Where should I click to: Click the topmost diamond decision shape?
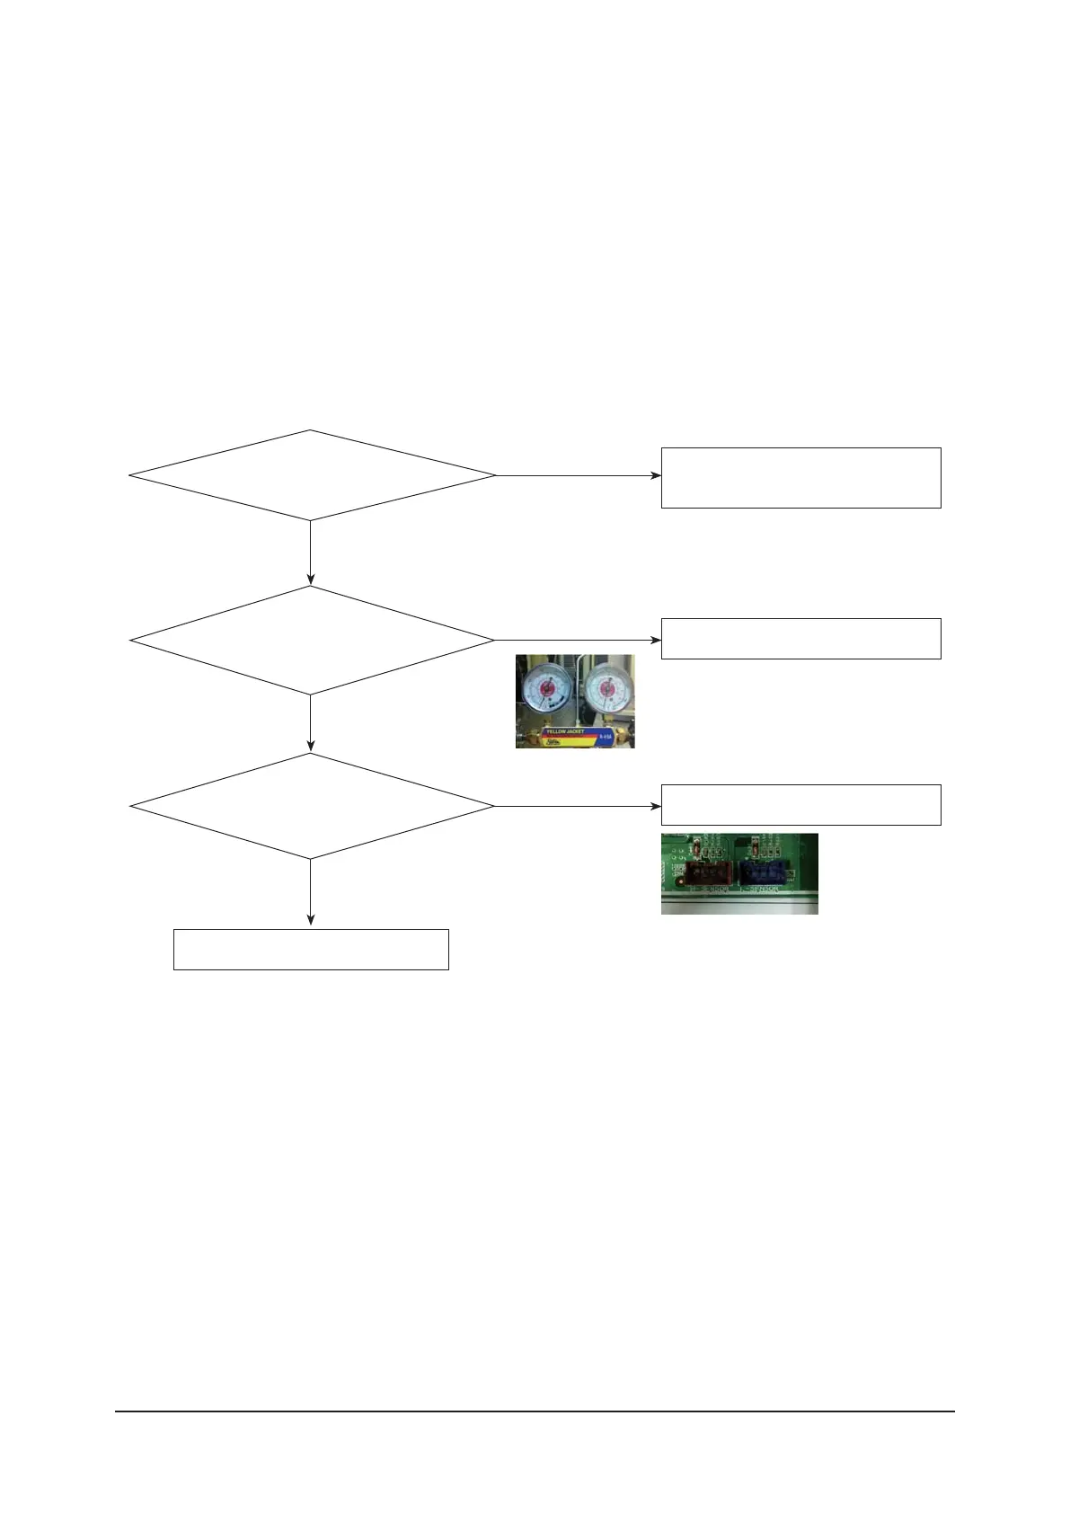click(311, 475)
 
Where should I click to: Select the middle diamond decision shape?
click(311, 640)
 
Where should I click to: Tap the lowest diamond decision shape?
click(311, 806)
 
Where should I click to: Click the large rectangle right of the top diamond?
click(800, 477)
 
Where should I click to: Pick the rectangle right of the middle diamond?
click(800, 639)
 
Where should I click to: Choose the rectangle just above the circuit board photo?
click(800, 805)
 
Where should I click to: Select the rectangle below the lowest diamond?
click(311, 950)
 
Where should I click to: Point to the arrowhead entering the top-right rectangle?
click(656, 475)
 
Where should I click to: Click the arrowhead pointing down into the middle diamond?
click(311, 580)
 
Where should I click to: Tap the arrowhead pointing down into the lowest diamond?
click(311, 747)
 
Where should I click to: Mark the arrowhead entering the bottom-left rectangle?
click(311, 920)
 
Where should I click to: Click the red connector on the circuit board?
click(709, 873)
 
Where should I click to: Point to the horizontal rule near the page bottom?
click(535, 1411)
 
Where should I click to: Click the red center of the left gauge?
click(546, 695)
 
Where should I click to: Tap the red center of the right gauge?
click(606, 694)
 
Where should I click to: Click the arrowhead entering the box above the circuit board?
click(656, 806)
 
